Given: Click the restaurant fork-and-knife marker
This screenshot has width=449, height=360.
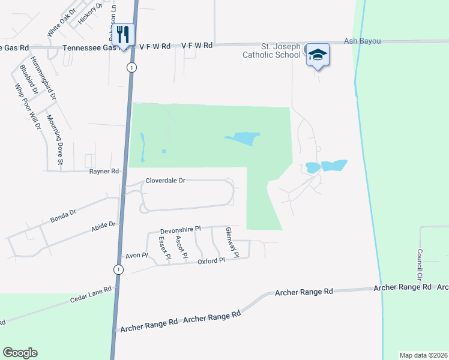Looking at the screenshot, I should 124,34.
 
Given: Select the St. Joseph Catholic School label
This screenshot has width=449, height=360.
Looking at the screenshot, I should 271,50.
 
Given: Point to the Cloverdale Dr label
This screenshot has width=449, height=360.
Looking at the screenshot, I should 166,180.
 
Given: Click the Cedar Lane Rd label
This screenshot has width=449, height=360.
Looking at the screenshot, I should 91,294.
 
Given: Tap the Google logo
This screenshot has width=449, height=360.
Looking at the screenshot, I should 20,353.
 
